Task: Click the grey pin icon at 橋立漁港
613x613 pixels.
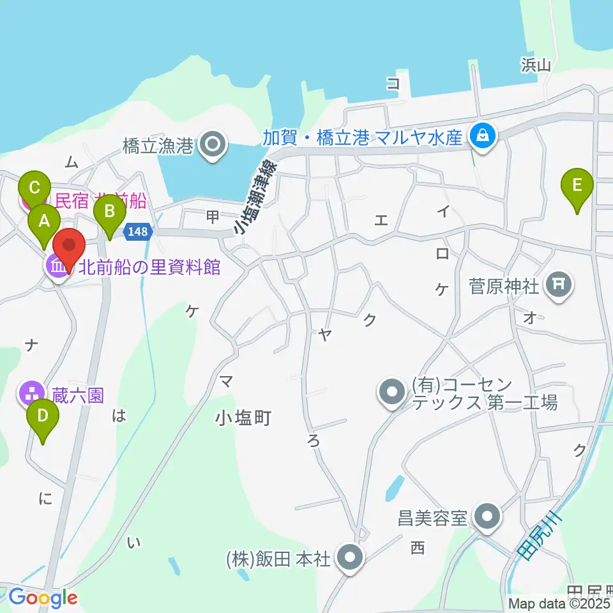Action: click(212, 146)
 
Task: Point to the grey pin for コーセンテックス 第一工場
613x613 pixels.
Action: click(391, 393)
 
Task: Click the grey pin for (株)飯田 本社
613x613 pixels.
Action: click(349, 558)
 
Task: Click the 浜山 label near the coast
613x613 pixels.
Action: click(536, 64)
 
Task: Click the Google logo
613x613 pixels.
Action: click(43, 598)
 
